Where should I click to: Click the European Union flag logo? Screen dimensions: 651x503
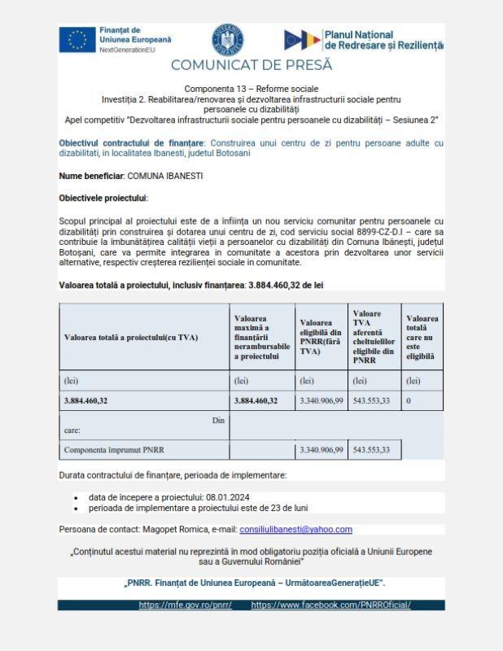(x=77, y=39)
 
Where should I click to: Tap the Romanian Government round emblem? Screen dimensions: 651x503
(x=227, y=40)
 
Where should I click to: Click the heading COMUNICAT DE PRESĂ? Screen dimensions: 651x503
(x=251, y=64)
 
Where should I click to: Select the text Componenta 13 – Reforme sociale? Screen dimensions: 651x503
(x=251, y=88)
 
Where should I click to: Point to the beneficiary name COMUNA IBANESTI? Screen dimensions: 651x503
(x=165, y=176)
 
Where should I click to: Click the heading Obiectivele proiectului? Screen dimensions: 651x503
(x=103, y=198)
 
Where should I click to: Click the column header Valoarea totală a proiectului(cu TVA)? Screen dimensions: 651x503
(x=131, y=337)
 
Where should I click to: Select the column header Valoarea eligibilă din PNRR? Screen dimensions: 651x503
(x=321, y=337)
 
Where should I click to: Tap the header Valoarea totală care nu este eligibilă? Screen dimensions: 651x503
(x=422, y=337)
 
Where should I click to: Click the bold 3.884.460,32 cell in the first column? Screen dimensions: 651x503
(x=86, y=400)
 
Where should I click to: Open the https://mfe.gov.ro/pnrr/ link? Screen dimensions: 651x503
(x=185, y=605)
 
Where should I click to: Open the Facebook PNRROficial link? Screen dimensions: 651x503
(x=330, y=605)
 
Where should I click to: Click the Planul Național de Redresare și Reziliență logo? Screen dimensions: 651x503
(x=363, y=39)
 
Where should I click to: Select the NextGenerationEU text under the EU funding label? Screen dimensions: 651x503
(x=127, y=50)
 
